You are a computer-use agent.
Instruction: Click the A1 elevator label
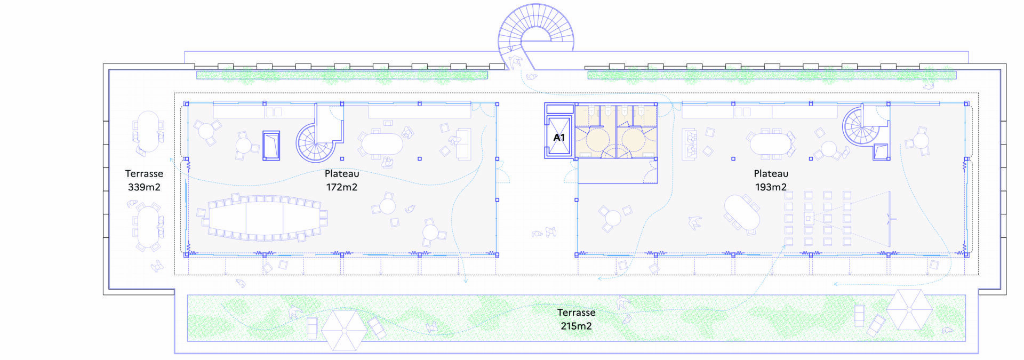(x=559, y=138)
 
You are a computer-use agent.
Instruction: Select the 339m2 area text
(x=144, y=187)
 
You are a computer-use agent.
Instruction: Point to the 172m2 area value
(x=342, y=187)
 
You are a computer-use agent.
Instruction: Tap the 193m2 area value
(x=771, y=187)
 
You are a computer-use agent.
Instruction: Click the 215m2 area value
(x=576, y=326)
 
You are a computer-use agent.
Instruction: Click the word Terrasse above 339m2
(x=144, y=173)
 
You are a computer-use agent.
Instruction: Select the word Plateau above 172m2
(x=342, y=173)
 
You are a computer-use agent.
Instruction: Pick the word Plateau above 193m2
(x=771, y=173)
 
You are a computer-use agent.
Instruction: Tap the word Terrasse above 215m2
(x=576, y=312)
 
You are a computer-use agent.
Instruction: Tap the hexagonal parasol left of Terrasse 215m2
(x=344, y=331)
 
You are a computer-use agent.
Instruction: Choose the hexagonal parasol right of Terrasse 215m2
(x=909, y=310)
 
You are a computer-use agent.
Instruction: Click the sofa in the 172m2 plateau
(x=463, y=144)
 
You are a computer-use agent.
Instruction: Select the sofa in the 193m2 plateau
(x=690, y=144)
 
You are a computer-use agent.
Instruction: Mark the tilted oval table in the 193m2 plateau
(x=742, y=213)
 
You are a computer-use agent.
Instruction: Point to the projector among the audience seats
(x=809, y=218)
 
